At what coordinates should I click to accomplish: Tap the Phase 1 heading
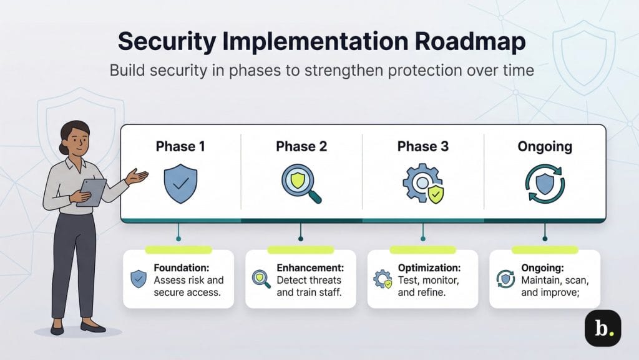coord(180,146)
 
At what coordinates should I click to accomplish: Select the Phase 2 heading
coord(301,146)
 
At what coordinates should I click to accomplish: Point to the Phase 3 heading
coord(422,146)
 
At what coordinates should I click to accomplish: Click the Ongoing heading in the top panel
coord(544,146)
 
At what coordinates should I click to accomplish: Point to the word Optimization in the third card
coord(429,268)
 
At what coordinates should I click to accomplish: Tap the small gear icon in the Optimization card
coord(383,279)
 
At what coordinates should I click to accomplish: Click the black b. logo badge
coord(602,327)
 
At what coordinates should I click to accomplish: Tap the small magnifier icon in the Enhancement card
coord(261,279)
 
